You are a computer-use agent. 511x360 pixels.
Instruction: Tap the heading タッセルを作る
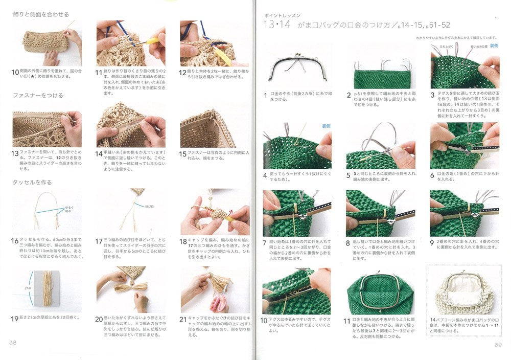tap(32, 182)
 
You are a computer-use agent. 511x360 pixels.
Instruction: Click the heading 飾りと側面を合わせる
tap(41, 14)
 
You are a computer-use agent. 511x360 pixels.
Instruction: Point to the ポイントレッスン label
tap(281, 16)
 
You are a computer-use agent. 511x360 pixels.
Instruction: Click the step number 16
tap(15, 240)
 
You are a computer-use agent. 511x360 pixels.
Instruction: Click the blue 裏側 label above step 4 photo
tap(326, 126)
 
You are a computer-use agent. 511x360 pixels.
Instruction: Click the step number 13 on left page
tap(15, 153)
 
